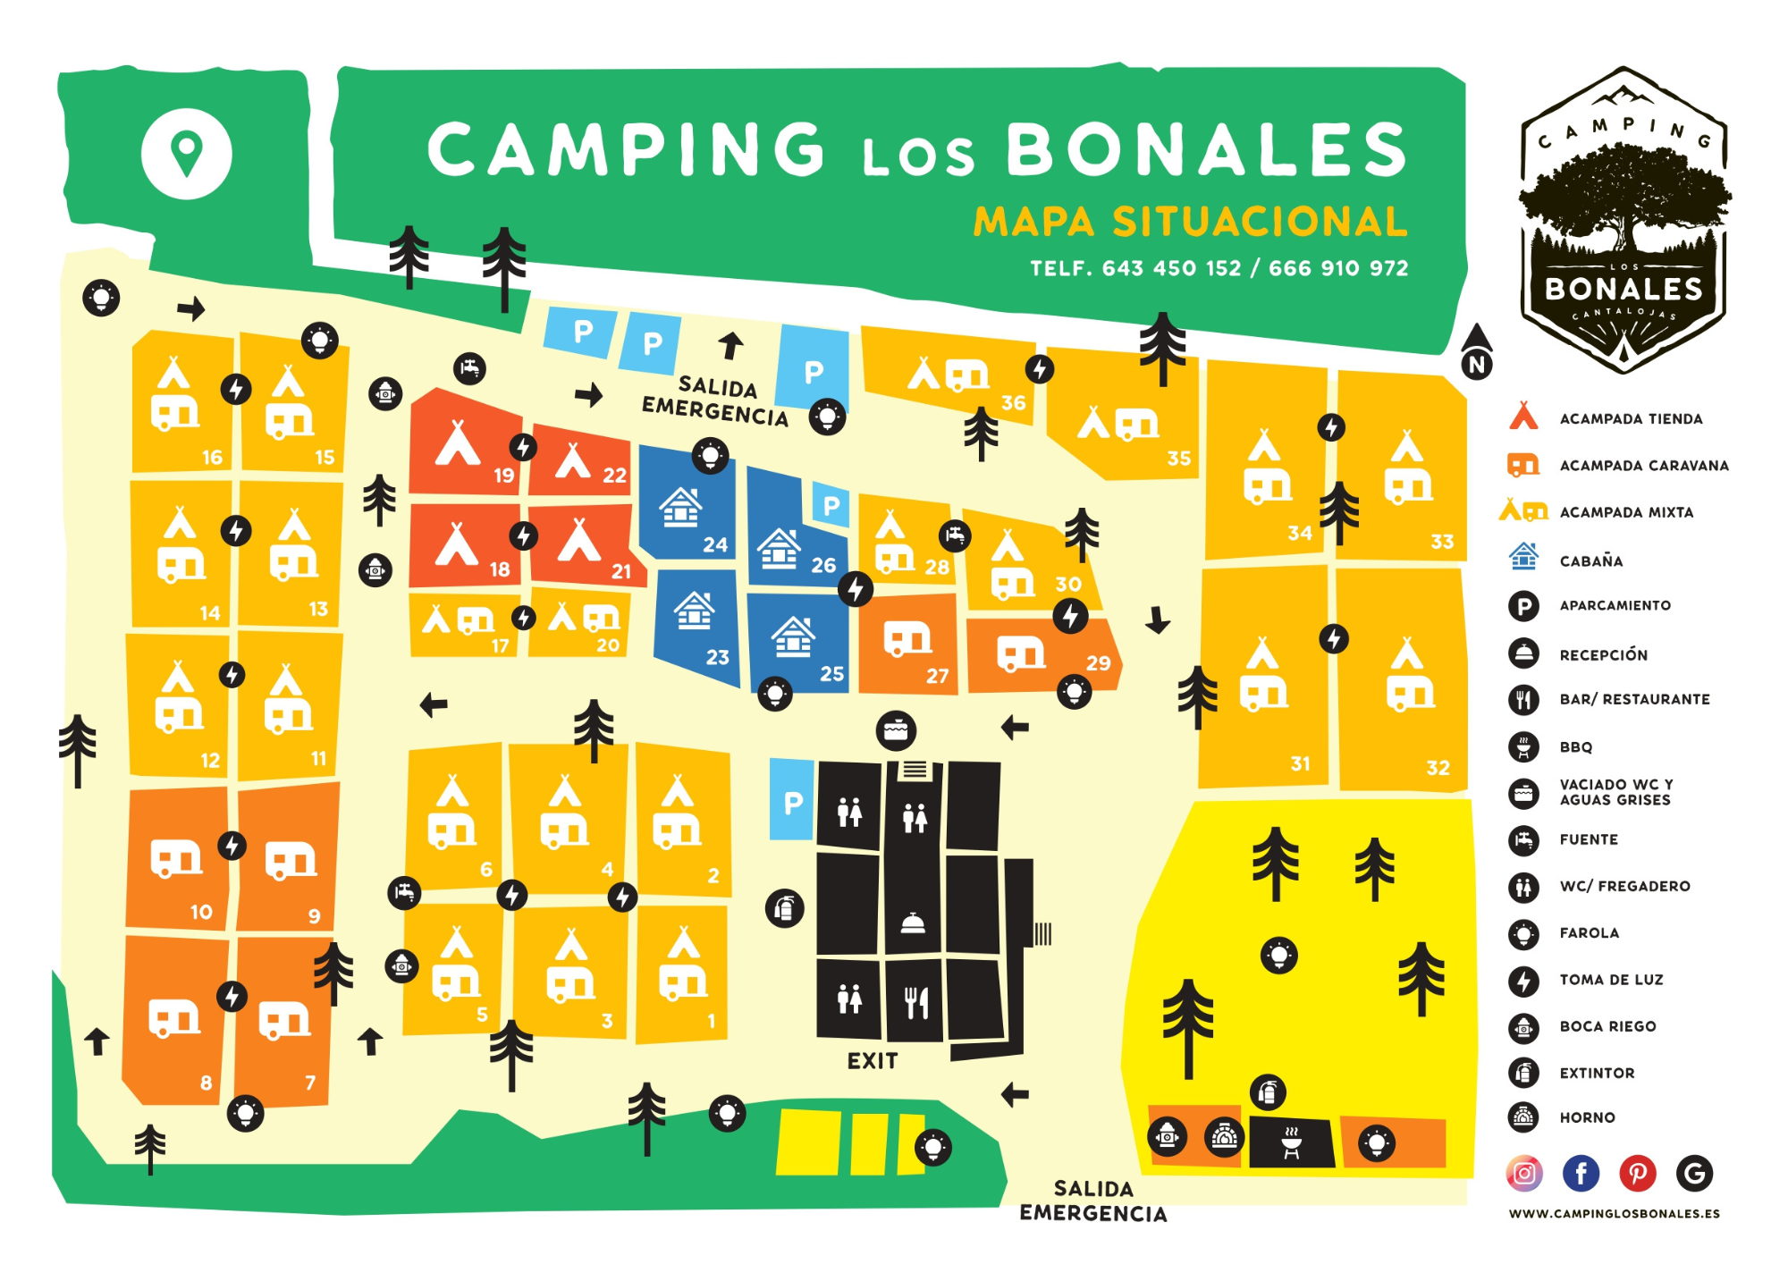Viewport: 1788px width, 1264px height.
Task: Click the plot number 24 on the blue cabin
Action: tap(715, 544)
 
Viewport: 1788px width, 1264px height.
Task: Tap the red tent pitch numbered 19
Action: tap(465, 447)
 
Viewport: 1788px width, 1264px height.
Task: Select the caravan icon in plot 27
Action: tap(907, 638)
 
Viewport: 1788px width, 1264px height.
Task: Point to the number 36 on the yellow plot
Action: tap(1013, 402)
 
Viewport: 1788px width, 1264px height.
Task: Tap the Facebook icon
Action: tap(1581, 1173)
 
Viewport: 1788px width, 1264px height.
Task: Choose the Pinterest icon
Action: tap(1638, 1173)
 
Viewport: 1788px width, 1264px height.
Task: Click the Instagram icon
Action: tap(1524, 1173)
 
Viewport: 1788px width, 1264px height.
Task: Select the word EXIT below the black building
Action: tap(872, 1061)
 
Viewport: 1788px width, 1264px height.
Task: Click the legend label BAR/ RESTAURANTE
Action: tap(1634, 699)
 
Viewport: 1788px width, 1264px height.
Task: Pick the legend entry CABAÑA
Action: tap(1590, 561)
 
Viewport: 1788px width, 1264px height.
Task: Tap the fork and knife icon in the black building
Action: tap(916, 1002)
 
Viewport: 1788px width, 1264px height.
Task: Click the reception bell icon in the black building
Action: tap(913, 924)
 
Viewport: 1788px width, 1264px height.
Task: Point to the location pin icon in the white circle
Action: tap(187, 153)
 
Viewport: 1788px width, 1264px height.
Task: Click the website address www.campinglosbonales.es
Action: tap(1614, 1214)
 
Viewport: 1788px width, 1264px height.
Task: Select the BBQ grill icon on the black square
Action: tap(1291, 1142)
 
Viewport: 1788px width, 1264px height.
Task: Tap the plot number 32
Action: tap(1438, 767)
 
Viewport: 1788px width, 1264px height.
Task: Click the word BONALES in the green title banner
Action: tap(1207, 149)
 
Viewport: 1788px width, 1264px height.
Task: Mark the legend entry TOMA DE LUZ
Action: tap(1611, 980)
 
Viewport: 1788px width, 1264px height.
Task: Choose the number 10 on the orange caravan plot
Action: tap(201, 912)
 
